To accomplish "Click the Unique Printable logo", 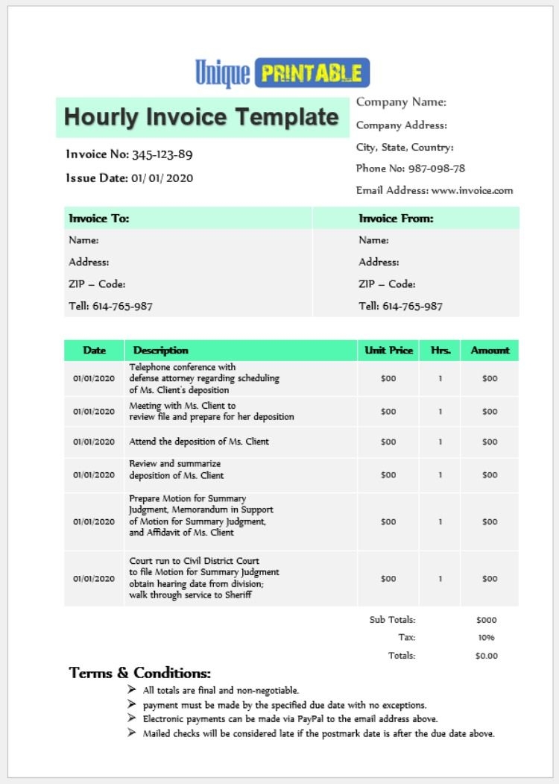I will click(282, 73).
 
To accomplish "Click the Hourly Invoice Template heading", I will click(201, 117).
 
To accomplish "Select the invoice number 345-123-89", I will click(162, 155).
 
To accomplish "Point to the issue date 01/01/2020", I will click(162, 178).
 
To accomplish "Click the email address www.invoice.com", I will click(472, 190).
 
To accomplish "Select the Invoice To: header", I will click(99, 219).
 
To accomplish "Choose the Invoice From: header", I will click(396, 219).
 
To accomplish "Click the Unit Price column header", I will click(388, 350).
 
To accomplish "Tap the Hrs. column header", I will click(440, 350).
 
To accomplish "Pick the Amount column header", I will click(490, 350).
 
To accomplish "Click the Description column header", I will click(160, 350).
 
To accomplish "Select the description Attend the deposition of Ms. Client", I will click(199, 442).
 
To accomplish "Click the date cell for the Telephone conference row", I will click(94, 378).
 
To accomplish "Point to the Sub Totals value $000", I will click(486, 620).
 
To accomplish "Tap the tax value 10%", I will click(486, 638).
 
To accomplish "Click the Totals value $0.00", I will click(486, 656).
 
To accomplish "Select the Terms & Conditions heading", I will click(140, 673).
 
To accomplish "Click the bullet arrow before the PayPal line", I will click(132, 719).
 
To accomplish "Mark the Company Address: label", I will click(402, 125).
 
